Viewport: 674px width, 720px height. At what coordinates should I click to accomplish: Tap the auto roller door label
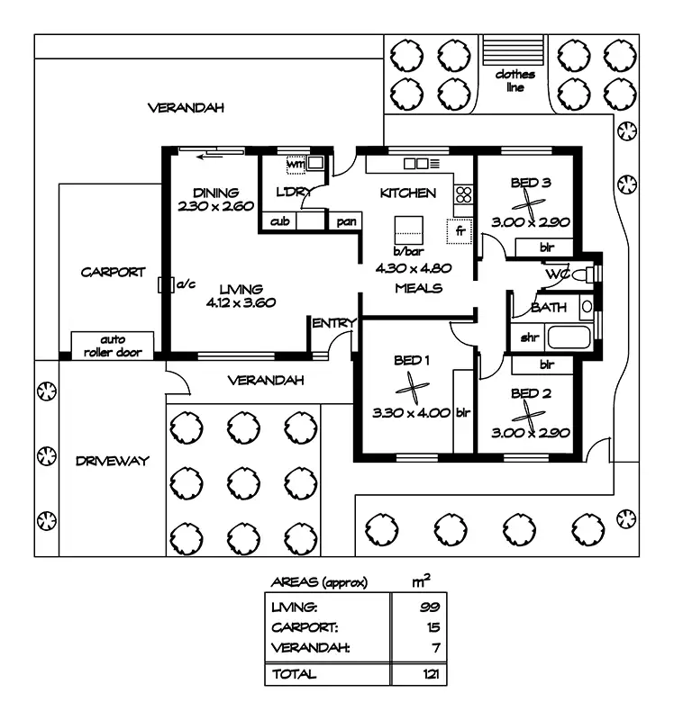point(113,346)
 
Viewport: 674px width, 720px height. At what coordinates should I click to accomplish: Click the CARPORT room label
point(113,272)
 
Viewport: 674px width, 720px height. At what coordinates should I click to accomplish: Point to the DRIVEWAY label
point(112,461)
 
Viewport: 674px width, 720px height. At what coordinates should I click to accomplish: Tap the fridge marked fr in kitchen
point(460,231)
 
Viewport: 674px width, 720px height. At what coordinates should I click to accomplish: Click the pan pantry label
point(344,221)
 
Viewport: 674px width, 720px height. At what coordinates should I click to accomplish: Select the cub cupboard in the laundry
point(279,221)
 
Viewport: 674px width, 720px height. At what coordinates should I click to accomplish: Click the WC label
point(556,274)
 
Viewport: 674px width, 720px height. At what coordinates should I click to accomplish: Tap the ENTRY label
point(333,322)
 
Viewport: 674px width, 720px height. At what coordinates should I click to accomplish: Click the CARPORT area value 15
point(432,626)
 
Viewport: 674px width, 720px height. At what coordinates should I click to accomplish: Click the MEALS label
point(419,288)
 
